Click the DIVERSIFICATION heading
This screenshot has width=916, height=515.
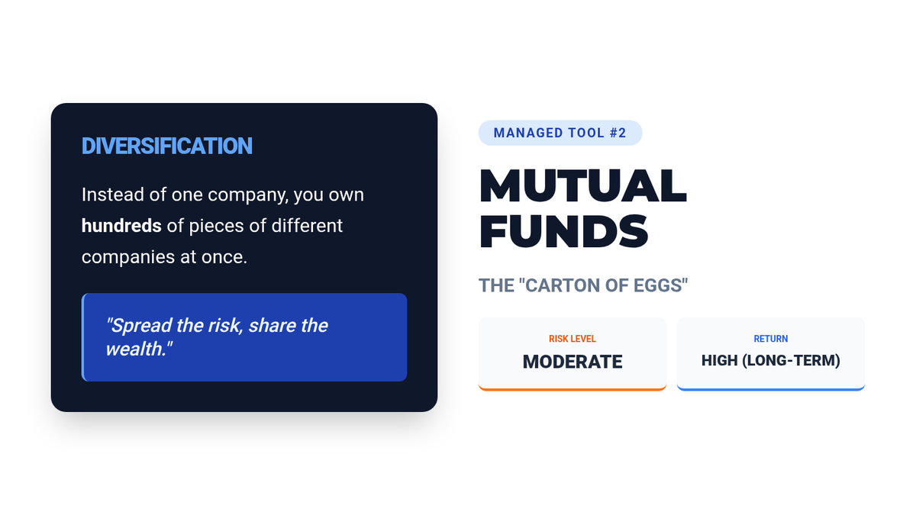click(x=167, y=146)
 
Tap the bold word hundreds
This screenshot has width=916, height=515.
click(x=121, y=226)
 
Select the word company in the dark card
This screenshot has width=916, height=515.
click(x=248, y=195)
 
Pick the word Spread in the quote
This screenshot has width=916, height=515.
click(x=139, y=327)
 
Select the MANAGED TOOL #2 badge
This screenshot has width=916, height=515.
click(x=560, y=133)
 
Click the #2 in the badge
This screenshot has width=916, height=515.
click(x=618, y=133)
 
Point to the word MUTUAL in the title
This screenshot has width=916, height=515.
click(x=582, y=185)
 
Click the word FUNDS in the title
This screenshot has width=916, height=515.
click(x=564, y=231)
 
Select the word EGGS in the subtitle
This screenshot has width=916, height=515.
click(x=660, y=285)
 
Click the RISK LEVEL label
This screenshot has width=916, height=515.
click(x=572, y=339)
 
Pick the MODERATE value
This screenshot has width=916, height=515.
click(x=572, y=362)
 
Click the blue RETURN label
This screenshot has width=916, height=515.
click(x=771, y=339)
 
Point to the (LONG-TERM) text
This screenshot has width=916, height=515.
click(x=792, y=361)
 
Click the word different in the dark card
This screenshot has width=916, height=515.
click(x=307, y=226)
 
